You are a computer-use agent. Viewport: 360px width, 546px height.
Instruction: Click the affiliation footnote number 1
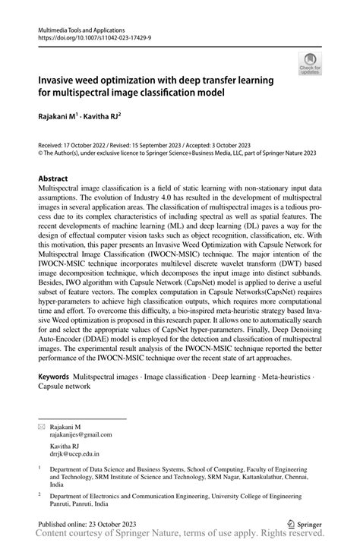pyautogui.click(x=39, y=469)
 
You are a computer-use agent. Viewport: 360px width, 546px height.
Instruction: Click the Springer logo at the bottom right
pyautogui.click(x=308, y=525)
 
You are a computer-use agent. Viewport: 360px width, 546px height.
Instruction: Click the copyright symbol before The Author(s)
pyautogui.click(x=41, y=152)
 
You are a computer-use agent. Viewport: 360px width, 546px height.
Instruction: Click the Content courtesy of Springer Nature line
pyautogui.click(x=179, y=537)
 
